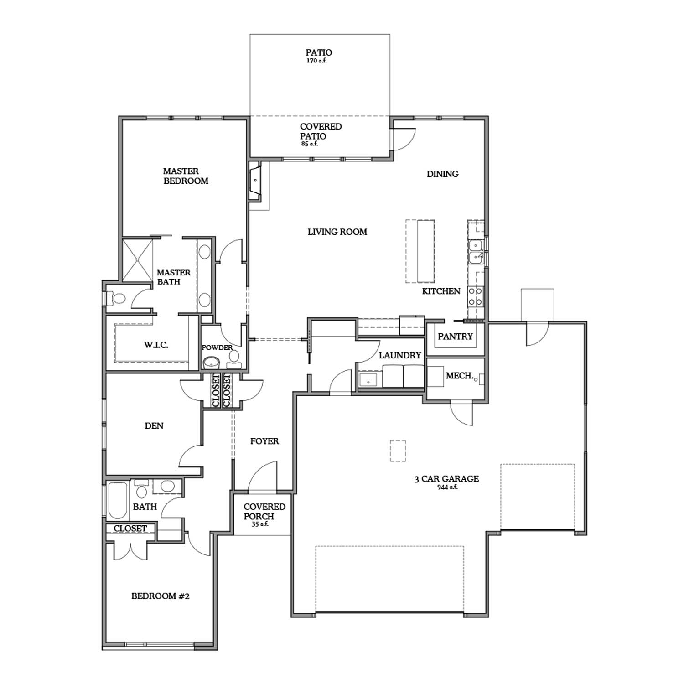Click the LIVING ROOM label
point(337,232)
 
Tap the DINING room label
point(442,174)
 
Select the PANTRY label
point(455,337)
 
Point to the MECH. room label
point(459,376)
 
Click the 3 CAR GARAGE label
point(446,479)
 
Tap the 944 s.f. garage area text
point(447,487)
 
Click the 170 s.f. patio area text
point(316,61)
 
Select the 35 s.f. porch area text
point(260,524)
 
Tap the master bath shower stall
point(138,260)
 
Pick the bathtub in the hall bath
point(118,500)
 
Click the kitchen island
point(420,251)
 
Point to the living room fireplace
point(255,181)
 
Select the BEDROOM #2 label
point(160,596)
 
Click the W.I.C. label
point(156,345)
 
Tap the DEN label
point(154,426)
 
